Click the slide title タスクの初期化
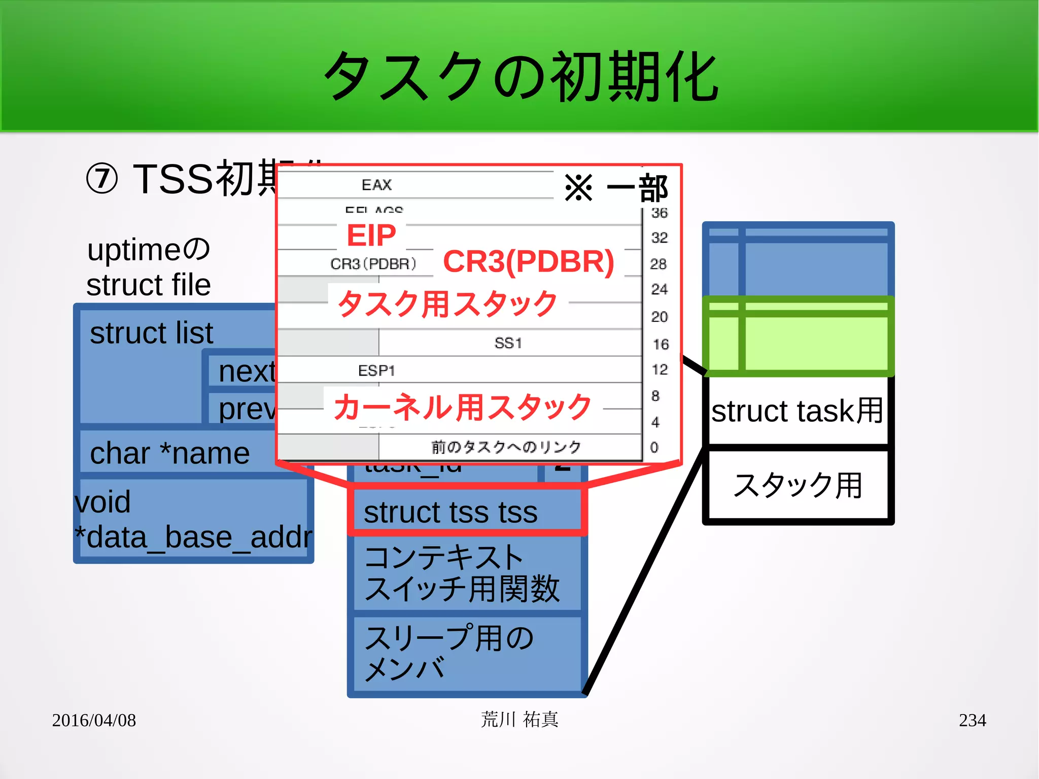click(x=521, y=76)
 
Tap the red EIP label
click(x=371, y=235)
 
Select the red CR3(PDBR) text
click(x=528, y=262)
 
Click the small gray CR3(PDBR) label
click(x=373, y=264)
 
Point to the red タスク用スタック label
click(x=447, y=303)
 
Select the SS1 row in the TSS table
click(x=508, y=343)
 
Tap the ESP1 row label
click(x=376, y=370)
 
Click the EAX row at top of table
click(x=376, y=185)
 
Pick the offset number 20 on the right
click(x=659, y=317)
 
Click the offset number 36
click(x=659, y=213)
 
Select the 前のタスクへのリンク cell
click(x=506, y=447)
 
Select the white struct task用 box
click(x=798, y=410)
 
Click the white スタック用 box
click(x=798, y=485)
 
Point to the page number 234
click(x=972, y=720)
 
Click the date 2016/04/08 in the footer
click(x=94, y=720)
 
